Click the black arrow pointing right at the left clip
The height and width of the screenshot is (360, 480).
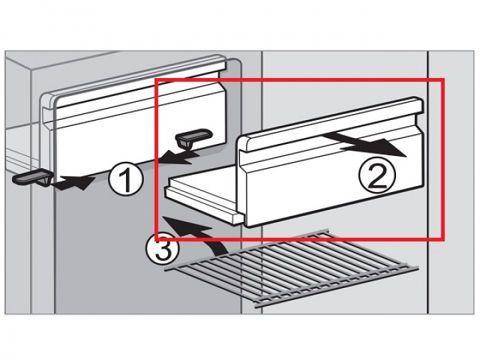tap(73, 183)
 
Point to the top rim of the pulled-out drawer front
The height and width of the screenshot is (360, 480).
tap(331, 123)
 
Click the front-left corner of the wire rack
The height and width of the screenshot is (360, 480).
tap(165, 269)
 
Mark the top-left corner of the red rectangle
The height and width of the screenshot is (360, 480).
tap(156, 79)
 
